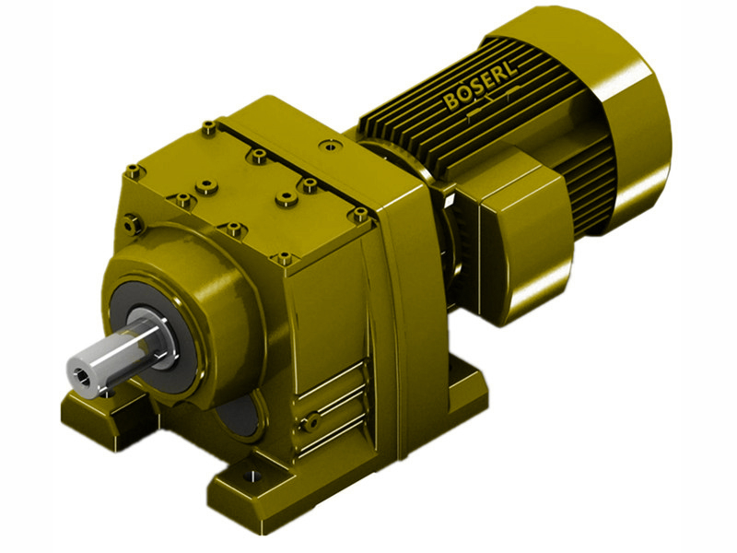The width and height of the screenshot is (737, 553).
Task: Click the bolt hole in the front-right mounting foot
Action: click(x=246, y=479)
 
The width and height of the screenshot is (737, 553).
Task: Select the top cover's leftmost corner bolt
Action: click(x=134, y=171)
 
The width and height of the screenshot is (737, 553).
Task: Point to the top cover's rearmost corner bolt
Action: click(x=210, y=125)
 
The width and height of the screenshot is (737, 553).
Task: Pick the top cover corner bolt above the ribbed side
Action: click(x=286, y=259)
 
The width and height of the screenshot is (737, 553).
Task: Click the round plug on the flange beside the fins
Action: click(x=327, y=145)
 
